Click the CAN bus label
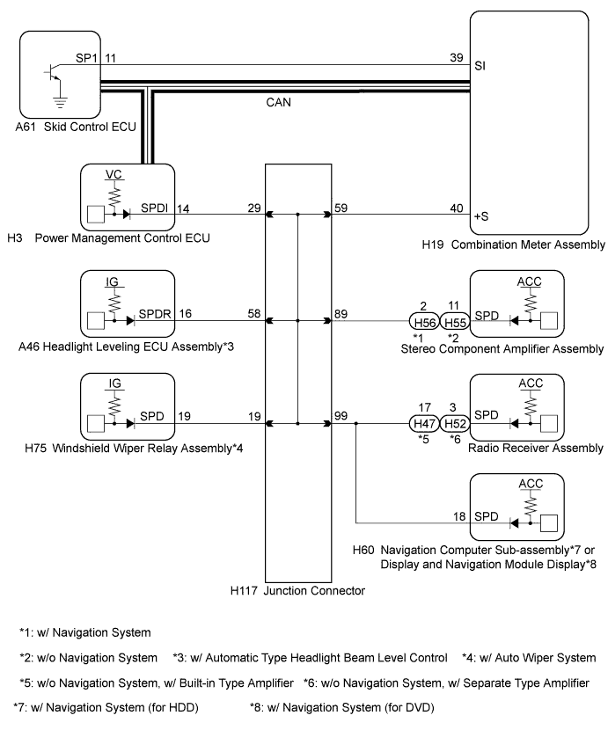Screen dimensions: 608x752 pos(278,102)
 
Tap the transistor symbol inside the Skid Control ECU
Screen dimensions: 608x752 pos(52,71)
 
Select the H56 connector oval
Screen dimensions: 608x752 pos(425,322)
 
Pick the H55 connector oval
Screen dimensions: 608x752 pos(455,322)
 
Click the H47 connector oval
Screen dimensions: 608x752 pos(425,423)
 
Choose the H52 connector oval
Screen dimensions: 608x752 pos(455,423)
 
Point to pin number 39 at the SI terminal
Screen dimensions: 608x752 pos(457,57)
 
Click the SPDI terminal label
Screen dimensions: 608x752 pos(155,208)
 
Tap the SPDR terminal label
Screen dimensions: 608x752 pos(155,314)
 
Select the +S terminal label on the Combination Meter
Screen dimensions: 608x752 pos(481,216)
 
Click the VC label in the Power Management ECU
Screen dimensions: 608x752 pos(114,174)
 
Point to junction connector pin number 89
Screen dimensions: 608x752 pos(341,314)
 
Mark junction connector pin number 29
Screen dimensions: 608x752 pos(254,208)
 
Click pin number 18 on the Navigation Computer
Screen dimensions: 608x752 pos(459,516)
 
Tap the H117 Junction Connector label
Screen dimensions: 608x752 pos(297,590)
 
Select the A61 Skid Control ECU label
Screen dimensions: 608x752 pos(76,127)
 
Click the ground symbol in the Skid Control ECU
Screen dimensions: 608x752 pos(60,102)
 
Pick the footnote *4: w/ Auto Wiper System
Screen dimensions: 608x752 pos(529,658)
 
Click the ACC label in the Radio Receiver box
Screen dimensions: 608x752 pos(531,383)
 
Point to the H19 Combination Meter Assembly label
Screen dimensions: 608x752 pos(514,245)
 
